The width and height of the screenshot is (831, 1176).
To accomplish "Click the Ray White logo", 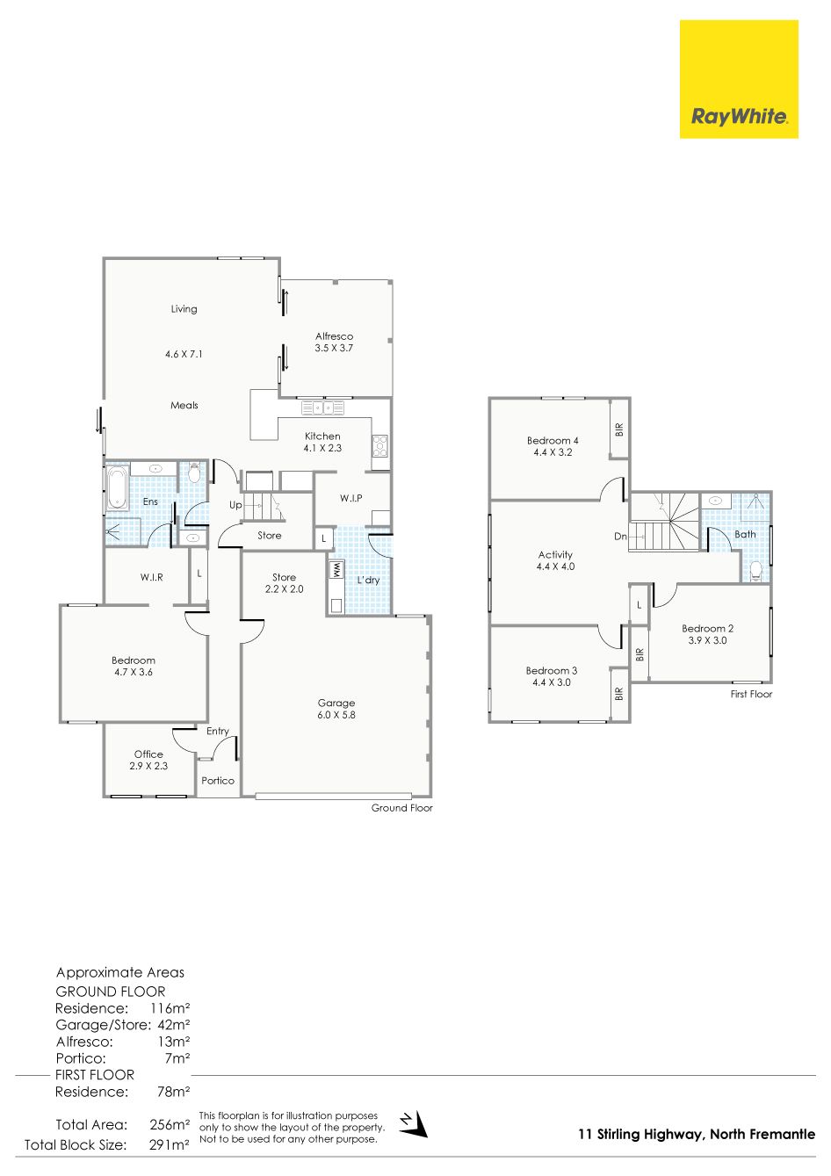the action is tap(739, 79).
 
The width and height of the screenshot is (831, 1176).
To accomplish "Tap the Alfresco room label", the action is tap(334, 336).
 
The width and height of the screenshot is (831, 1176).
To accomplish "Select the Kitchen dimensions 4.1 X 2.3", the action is tap(322, 448).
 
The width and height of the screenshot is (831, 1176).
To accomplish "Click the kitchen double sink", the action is tap(322, 408).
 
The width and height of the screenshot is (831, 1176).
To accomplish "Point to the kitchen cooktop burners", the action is tap(380, 446).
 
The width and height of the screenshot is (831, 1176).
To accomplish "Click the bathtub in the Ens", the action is tap(117, 487).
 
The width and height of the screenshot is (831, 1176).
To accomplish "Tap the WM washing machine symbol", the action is tap(336, 570).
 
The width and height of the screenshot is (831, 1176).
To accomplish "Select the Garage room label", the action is tap(336, 703).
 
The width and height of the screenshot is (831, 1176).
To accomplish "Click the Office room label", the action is tap(148, 754).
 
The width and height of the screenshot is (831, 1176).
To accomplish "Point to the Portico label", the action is tap(217, 781).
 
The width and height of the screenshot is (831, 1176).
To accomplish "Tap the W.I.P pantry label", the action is tap(350, 498).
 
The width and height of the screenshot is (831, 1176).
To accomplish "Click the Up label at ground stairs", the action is tap(235, 505).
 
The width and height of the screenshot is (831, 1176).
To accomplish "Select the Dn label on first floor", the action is tap(620, 537).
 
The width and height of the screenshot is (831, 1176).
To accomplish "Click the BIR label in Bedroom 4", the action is tap(619, 430).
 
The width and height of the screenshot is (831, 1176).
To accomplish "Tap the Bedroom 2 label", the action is tap(708, 628).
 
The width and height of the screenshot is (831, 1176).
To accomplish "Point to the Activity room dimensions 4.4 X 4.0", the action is tap(555, 566).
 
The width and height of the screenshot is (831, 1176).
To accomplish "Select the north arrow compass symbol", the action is tap(414, 1124).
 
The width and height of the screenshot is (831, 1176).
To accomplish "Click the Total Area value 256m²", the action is tap(170, 1124).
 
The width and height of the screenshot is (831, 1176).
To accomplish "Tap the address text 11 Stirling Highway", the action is tap(640, 1135).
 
